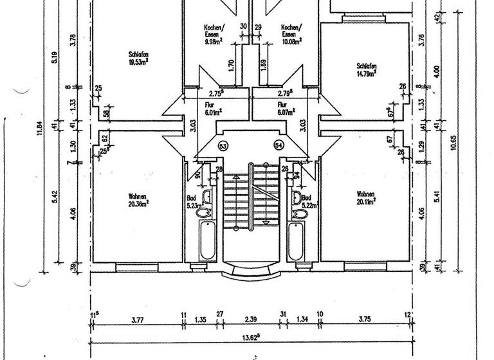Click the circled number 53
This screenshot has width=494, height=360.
[223, 145]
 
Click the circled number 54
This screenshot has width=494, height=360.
[279, 145]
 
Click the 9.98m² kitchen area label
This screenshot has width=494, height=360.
[214, 40]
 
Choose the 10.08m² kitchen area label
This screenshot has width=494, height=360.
[291, 40]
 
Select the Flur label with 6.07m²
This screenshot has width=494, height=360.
[286, 111]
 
